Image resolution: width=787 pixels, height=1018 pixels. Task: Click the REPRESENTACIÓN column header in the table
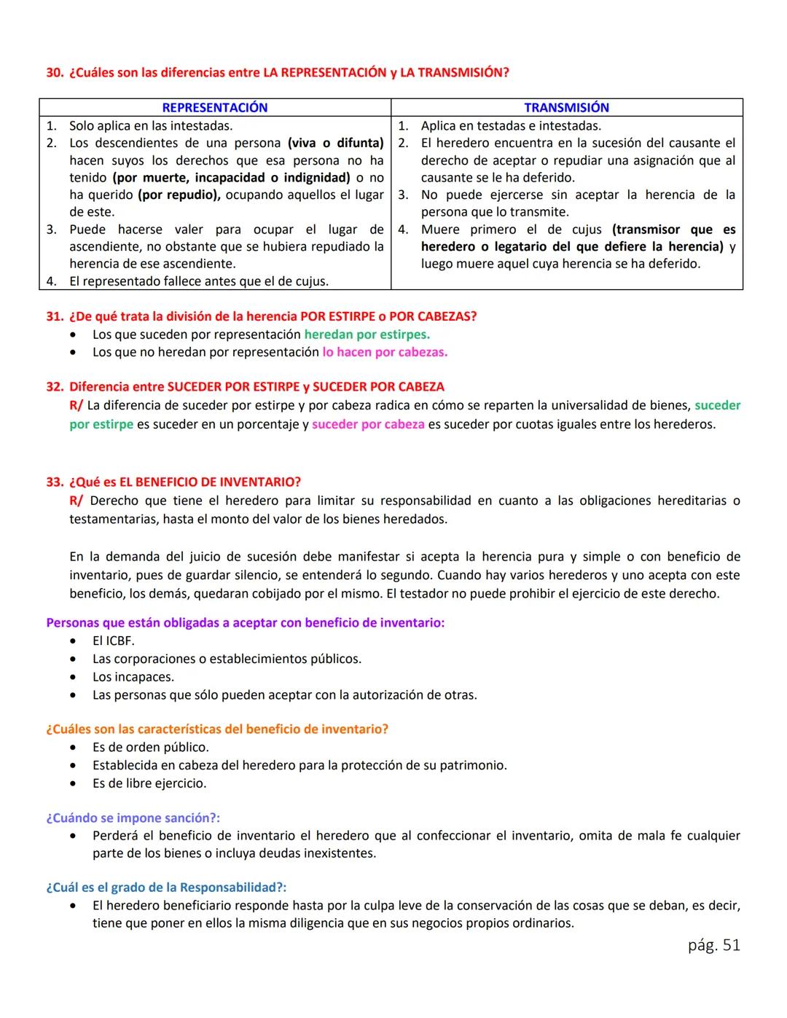coord(214,108)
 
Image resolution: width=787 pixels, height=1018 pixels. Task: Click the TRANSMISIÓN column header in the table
coord(566,108)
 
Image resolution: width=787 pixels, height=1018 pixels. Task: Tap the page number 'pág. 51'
coord(713,945)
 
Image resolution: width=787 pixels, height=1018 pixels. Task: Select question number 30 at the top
coord(55,73)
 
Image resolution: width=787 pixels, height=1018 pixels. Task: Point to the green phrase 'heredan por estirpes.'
coord(367,334)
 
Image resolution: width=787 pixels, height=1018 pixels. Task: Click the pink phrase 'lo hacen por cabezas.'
coord(385,352)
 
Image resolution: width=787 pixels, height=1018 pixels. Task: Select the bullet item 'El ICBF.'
coord(113,641)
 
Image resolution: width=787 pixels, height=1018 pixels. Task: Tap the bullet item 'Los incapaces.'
coord(133,677)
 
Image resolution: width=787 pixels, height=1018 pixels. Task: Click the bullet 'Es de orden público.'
coord(150,748)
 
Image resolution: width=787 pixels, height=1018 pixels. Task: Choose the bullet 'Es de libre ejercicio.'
coord(149,783)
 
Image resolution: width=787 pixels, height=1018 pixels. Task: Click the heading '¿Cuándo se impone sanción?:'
coord(133,818)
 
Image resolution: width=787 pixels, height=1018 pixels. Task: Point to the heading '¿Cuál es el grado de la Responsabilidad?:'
coord(166,888)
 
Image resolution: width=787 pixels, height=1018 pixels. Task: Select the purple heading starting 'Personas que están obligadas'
coord(245,623)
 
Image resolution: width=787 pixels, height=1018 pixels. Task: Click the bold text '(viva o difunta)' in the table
coord(335,143)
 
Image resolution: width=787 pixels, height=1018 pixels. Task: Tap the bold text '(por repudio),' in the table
coord(179,195)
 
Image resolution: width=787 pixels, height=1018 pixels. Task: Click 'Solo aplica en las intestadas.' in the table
coord(151,125)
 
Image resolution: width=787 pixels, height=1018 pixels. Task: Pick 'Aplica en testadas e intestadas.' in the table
coord(511,125)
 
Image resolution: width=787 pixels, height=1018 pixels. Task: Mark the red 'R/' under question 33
coord(76,501)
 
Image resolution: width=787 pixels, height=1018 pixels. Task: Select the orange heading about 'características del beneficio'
coord(217,729)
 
